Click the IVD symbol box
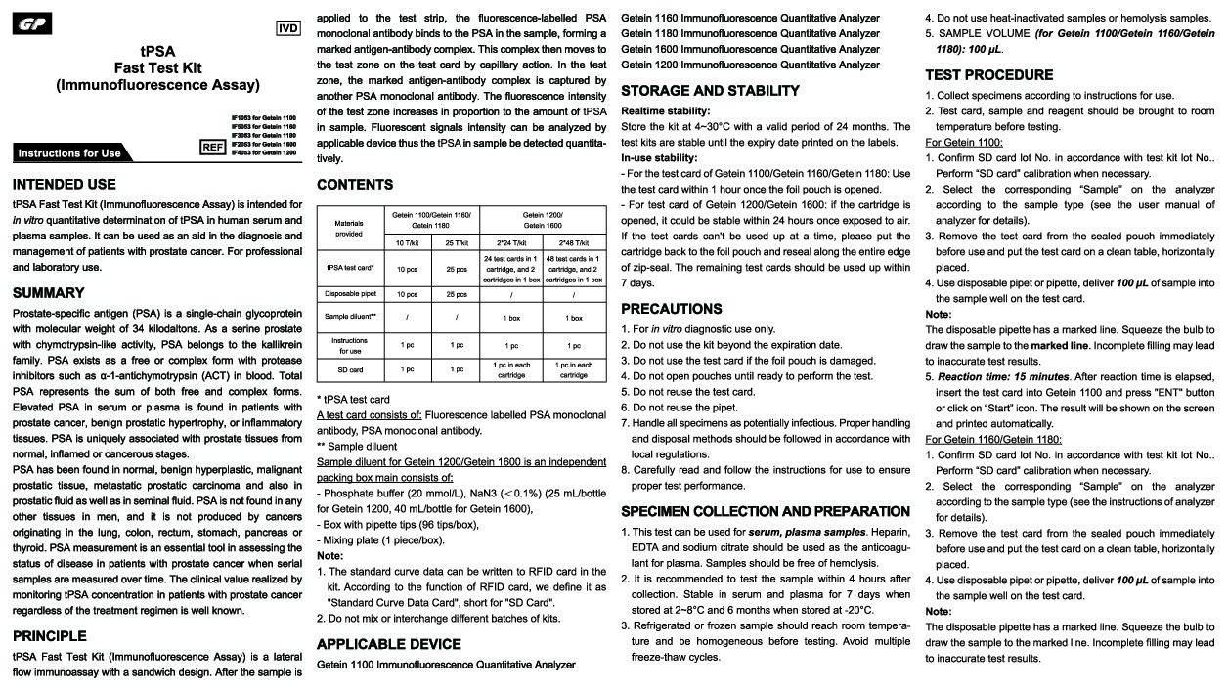pos(288,28)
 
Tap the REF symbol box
pos(212,148)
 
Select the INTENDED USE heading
pos(64,184)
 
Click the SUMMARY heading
pos(48,292)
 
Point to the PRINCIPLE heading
pos(51,635)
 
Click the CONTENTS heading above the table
pos(355,185)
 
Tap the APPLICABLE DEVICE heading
pos(388,644)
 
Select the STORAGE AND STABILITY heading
pos(710,91)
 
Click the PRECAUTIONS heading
pos(672,308)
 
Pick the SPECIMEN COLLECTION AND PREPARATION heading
pos(766,511)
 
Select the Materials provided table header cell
pos(349,228)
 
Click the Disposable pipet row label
pos(349,294)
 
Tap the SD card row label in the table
pos(349,370)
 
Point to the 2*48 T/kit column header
pos(573,242)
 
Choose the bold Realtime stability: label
pos(665,111)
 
